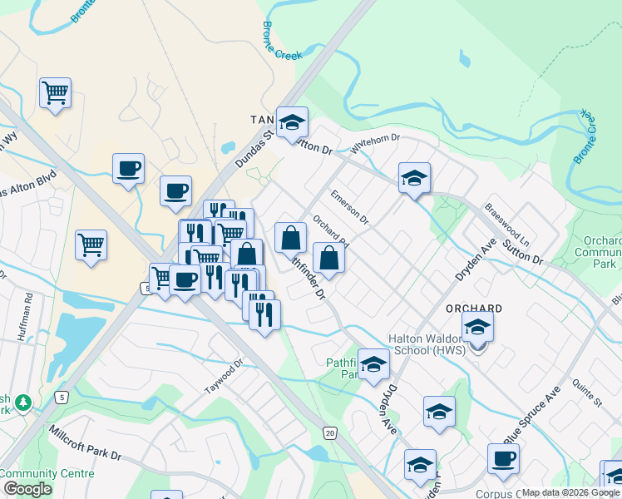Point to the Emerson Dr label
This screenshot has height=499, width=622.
(349, 206)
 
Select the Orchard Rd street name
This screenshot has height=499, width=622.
(330, 233)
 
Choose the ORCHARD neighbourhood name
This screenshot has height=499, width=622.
(473, 308)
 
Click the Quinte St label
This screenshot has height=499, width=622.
(587, 391)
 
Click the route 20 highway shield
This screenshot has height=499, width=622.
(330, 433)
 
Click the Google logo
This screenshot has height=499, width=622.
(27, 488)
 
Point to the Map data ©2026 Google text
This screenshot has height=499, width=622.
(570, 492)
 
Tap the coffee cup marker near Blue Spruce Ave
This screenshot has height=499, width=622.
(503, 459)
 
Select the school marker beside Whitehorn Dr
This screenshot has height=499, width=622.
(414, 178)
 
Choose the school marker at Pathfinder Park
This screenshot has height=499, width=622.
(373, 364)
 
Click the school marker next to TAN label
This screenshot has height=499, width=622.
(292, 123)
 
